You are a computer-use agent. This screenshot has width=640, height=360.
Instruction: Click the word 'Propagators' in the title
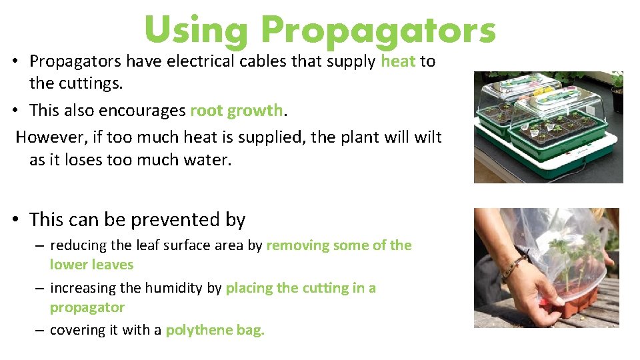click(378, 30)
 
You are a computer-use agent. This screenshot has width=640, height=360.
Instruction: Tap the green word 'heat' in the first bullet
click(398, 61)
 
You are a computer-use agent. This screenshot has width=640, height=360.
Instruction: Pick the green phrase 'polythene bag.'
click(215, 330)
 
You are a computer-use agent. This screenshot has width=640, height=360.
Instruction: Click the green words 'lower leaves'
click(91, 265)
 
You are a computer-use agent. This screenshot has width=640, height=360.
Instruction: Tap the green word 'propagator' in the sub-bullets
click(87, 307)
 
